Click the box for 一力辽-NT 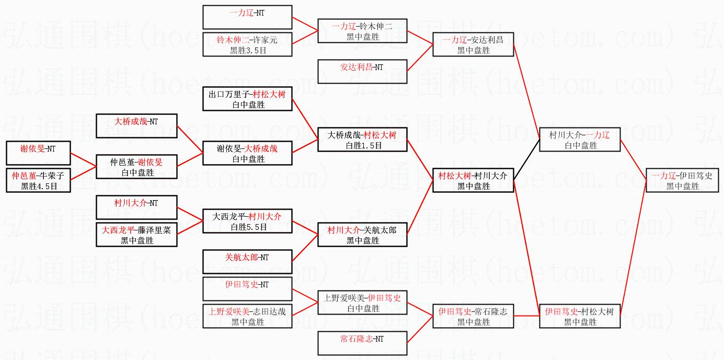coord(247,17)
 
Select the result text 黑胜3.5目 coord(247,50)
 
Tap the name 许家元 coord(266,40)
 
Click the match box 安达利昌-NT coord(362,71)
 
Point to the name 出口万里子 coord(229,95)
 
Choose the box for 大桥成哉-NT coord(136,126)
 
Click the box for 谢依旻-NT coord(38,153)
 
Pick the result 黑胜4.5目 coord(38,186)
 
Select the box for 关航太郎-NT coord(247,261)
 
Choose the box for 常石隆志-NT coord(362,343)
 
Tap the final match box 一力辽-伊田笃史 coord(682,180)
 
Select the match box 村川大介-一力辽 coord(580,140)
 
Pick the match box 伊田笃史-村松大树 coord(580,316)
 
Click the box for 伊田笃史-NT coord(247,288)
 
